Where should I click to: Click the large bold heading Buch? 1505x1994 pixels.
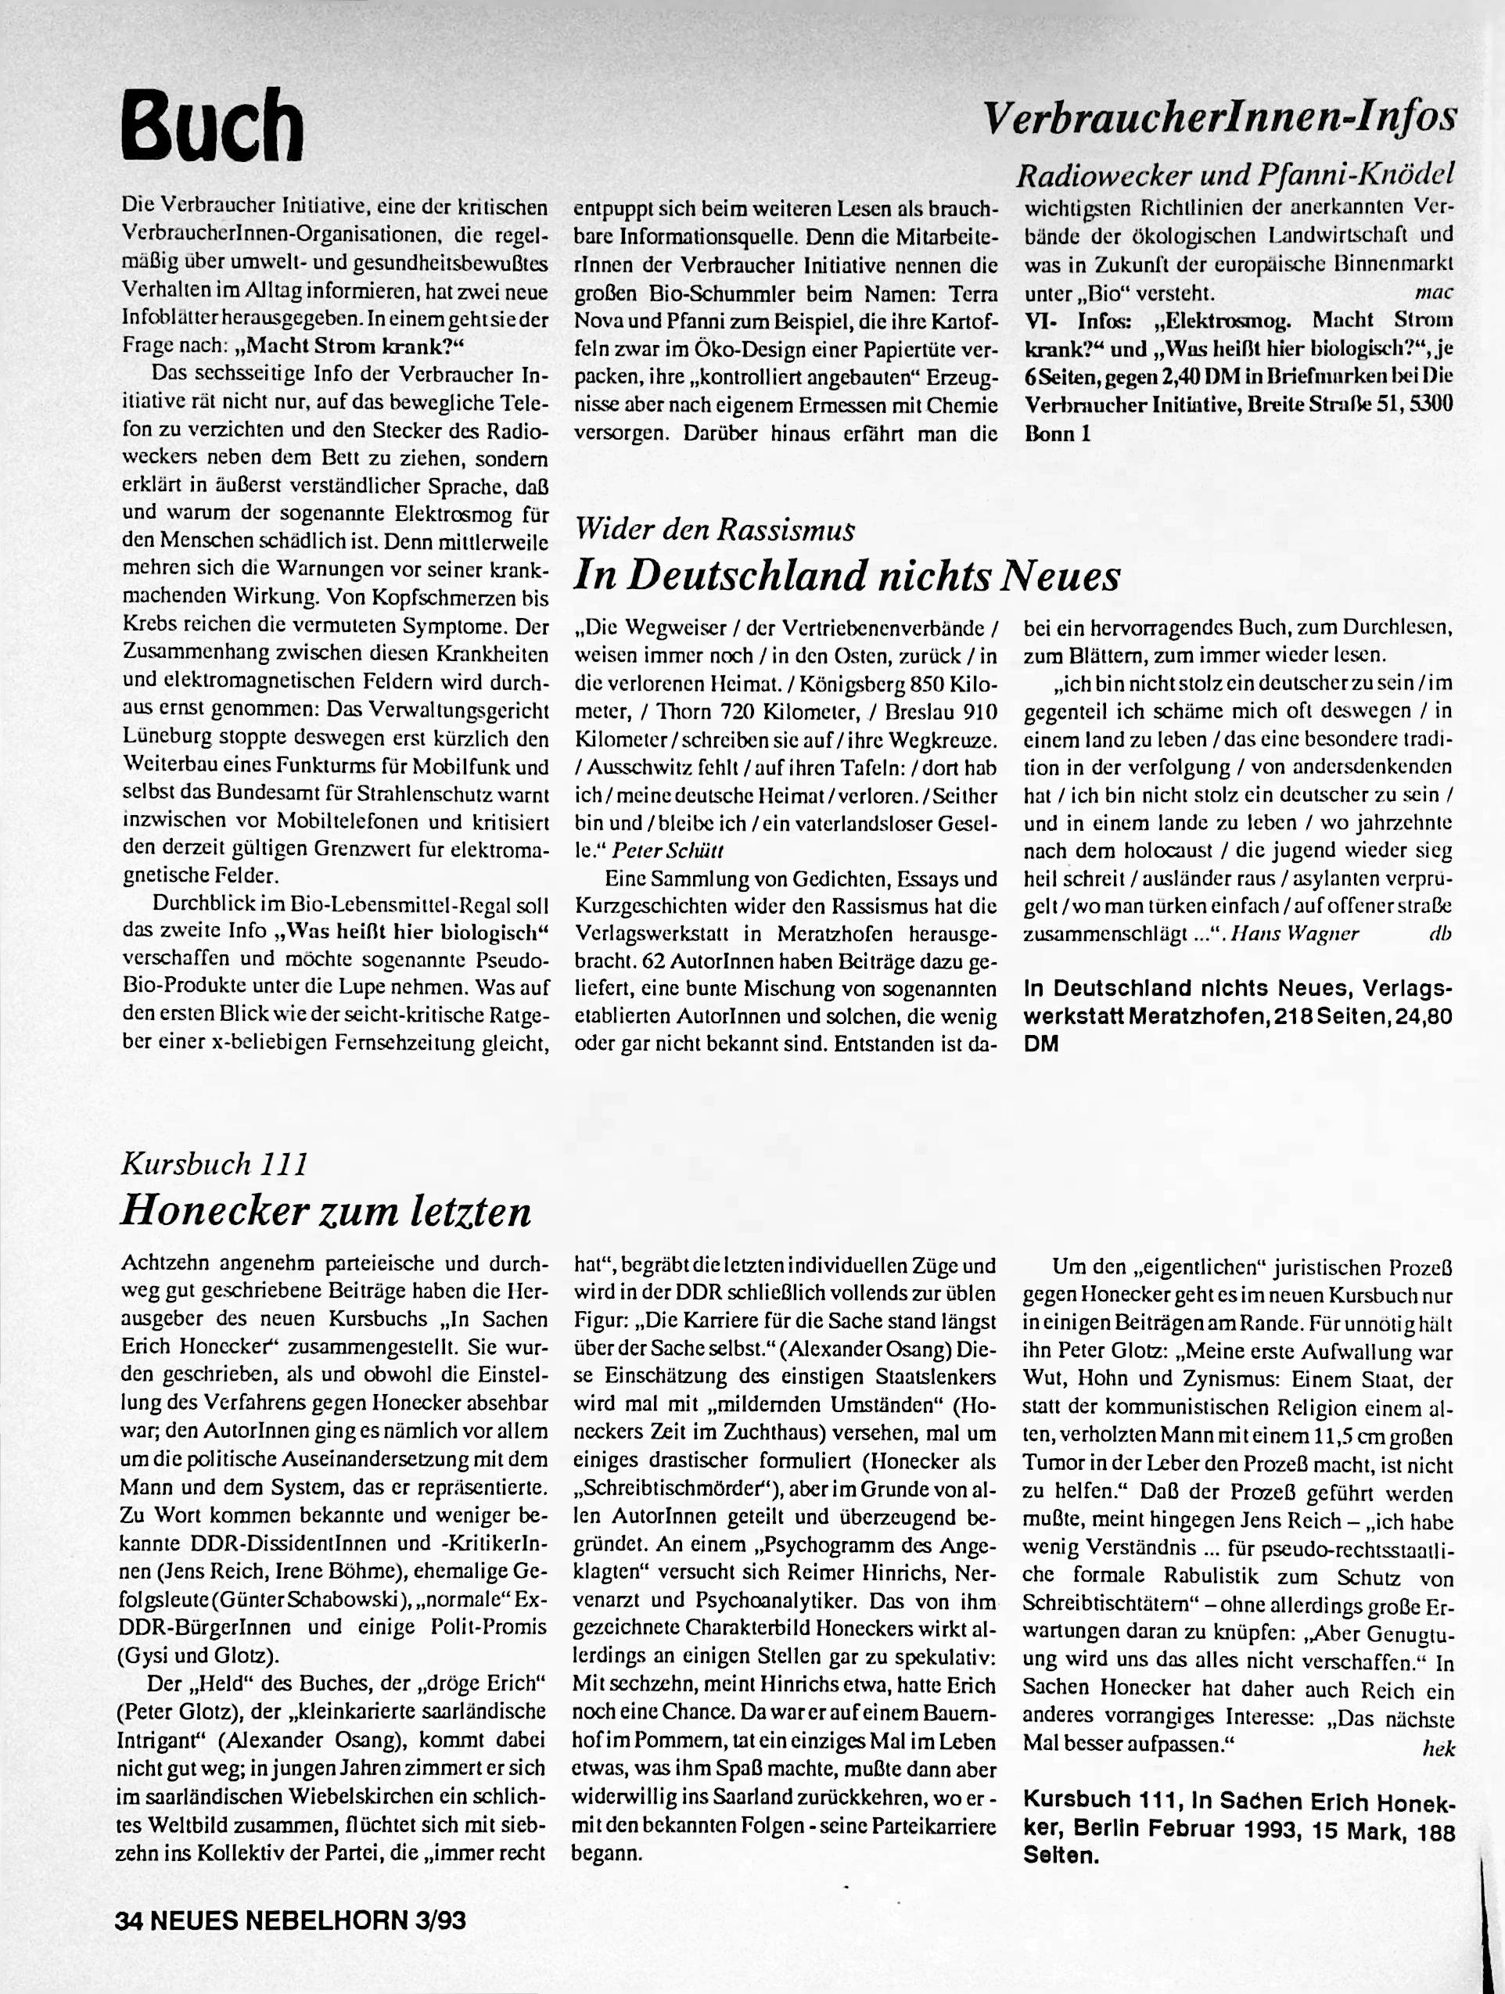[x=213, y=124]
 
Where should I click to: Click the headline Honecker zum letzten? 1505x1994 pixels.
[x=325, y=1211]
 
